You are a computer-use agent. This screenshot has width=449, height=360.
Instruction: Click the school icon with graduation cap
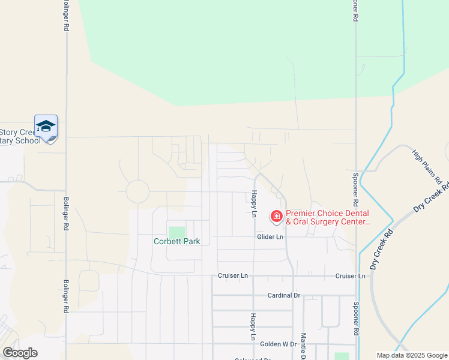point(46,127)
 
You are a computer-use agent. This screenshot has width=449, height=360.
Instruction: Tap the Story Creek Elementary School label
point(20,136)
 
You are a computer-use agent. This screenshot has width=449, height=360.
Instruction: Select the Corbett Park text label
point(176,242)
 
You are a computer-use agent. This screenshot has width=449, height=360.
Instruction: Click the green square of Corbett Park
point(177,232)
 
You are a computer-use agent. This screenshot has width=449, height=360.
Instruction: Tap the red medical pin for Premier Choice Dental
point(277,216)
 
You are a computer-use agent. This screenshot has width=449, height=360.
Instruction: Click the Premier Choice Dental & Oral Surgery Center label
point(327,217)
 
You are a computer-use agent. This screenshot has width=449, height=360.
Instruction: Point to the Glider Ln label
point(270,237)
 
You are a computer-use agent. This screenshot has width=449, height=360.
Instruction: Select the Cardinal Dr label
point(283,295)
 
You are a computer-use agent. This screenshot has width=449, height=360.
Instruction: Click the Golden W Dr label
point(278,344)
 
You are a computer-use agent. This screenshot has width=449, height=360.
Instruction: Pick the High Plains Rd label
point(427,167)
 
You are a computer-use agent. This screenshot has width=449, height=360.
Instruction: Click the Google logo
point(20,353)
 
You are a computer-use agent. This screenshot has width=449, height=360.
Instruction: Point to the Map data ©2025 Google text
point(411,355)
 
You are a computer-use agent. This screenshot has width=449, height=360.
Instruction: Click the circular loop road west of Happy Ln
point(137,192)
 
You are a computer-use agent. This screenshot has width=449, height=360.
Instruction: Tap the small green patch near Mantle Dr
point(341,356)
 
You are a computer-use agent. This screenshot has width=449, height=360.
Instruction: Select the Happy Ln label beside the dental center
point(254,203)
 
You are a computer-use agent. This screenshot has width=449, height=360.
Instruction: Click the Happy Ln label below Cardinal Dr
point(254,323)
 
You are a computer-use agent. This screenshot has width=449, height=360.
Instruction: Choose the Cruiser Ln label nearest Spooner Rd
point(351,276)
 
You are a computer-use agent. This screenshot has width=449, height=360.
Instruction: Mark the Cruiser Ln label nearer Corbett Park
point(233,276)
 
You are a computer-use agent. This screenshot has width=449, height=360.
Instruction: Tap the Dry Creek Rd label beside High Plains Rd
point(431,199)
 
